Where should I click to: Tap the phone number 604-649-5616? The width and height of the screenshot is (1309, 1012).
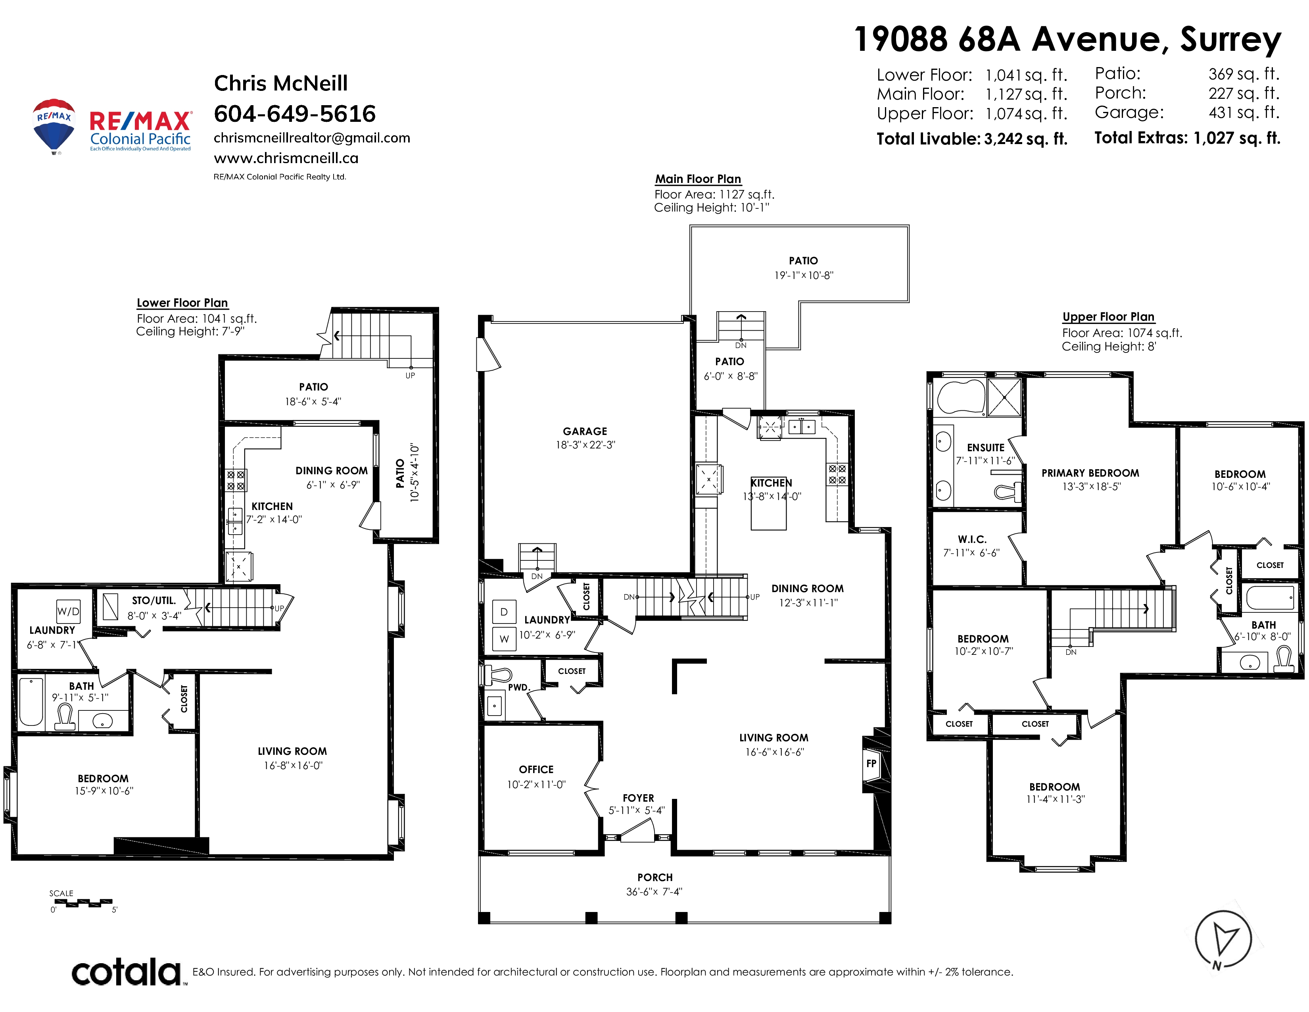pyautogui.click(x=295, y=114)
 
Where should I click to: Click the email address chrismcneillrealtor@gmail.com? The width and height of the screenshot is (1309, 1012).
pyautogui.click(x=312, y=138)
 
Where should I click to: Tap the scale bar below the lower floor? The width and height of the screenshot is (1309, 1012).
pyautogui.click(x=81, y=903)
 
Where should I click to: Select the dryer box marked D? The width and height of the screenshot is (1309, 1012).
pyautogui.click(x=504, y=612)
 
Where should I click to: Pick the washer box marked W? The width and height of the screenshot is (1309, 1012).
pyautogui.click(x=504, y=639)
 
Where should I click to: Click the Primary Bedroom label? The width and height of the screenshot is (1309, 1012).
pyautogui.click(x=1090, y=473)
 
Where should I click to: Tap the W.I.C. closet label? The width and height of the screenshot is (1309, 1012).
pyautogui.click(x=972, y=540)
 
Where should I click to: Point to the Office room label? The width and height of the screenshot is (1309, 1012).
pyautogui.click(x=536, y=769)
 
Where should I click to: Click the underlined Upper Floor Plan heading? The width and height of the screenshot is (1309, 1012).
pyautogui.click(x=1108, y=317)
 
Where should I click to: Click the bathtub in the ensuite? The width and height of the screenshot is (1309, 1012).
pyautogui.click(x=961, y=396)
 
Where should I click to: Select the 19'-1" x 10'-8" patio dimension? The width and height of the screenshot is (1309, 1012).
pyautogui.click(x=804, y=275)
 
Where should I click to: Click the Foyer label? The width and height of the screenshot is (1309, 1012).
pyautogui.click(x=638, y=798)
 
